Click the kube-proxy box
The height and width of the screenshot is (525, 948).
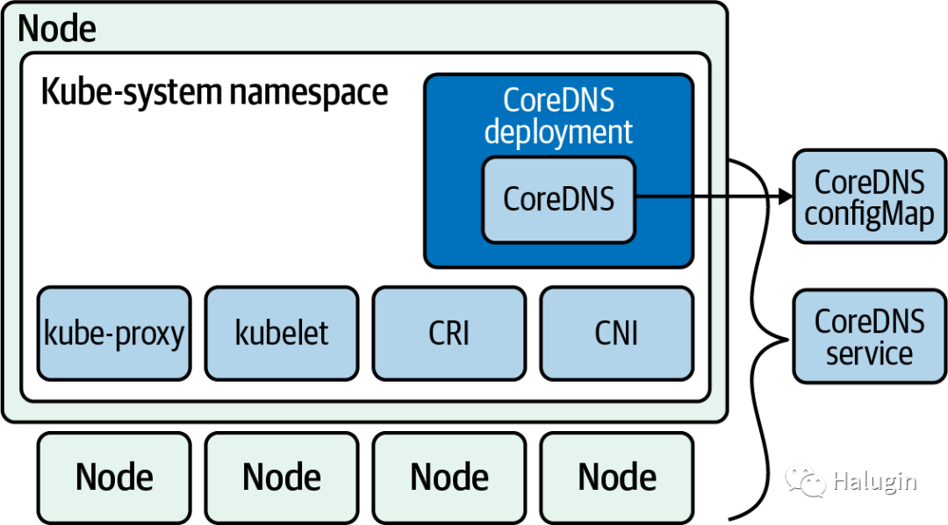click(x=114, y=334)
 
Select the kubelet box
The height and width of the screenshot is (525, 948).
click(x=282, y=334)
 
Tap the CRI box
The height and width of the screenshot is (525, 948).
click(x=449, y=334)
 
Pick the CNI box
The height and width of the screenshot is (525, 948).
click(x=617, y=334)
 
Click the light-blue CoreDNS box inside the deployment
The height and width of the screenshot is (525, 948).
click(x=558, y=199)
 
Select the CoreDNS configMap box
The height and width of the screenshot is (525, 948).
click(x=869, y=197)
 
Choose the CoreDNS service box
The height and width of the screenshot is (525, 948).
click(x=869, y=336)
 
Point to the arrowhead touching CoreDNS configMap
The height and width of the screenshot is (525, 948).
click(x=786, y=196)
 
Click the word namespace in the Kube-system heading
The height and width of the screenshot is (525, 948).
click(x=308, y=92)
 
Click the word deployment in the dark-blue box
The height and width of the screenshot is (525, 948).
click(x=558, y=133)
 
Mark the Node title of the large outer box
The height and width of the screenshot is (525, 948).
click(x=57, y=28)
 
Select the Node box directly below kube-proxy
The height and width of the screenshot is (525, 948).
click(x=114, y=478)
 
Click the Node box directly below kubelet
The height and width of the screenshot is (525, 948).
click(x=282, y=478)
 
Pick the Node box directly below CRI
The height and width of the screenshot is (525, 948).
click(x=449, y=478)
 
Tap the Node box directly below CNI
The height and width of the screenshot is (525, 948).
click(x=617, y=478)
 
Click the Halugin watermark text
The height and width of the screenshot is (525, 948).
click(x=874, y=482)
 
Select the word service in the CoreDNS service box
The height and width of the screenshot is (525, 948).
click(x=869, y=353)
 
